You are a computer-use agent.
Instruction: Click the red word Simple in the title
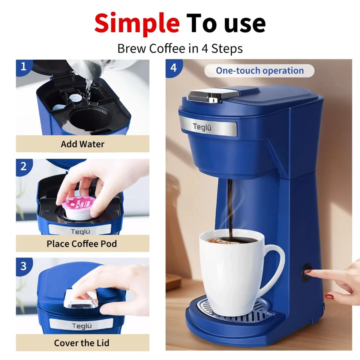pos(137,23)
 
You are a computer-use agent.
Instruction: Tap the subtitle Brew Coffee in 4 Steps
pos(180,49)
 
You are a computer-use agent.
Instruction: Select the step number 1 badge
pos(24,67)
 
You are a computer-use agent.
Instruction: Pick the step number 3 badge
pos(24,266)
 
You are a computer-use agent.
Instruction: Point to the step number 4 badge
pos(173,68)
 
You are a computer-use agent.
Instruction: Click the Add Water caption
pos(82,144)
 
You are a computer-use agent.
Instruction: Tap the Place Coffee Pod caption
pos(82,244)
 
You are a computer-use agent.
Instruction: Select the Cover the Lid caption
pos(82,343)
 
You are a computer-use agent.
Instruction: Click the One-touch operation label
pos(259,70)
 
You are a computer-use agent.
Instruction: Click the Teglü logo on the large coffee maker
pos(202,127)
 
